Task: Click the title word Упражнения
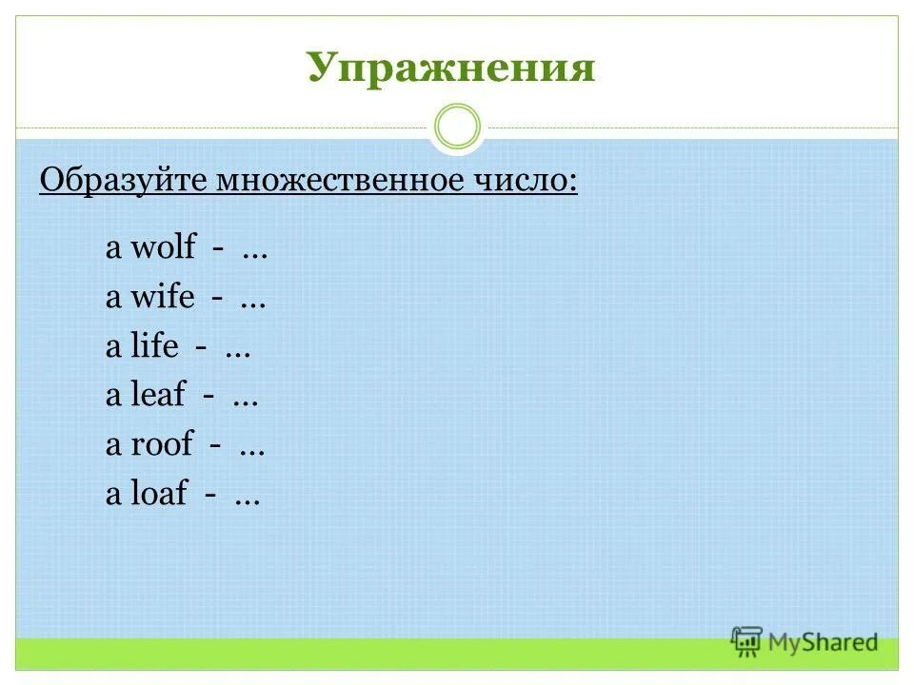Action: pyautogui.click(x=450, y=68)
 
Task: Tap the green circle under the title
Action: pyautogui.click(x=457, y=127)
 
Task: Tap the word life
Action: pyautogui.click(x=154, y=347)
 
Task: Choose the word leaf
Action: pyautogui.click(x=157, y=396)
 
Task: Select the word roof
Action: pyautogui.click(x=162, y=445)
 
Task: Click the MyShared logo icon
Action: pyautogui.click(x=746, y=641)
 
